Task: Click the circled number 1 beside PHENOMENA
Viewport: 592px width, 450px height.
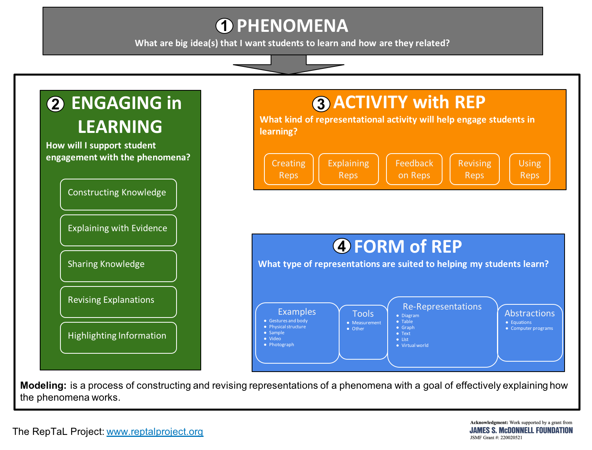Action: coord(224,26)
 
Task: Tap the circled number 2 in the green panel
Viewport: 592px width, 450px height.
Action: coord(55,104)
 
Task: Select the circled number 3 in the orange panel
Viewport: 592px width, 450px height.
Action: coord(321,104)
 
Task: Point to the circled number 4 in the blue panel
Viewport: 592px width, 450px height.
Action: coord(342,246)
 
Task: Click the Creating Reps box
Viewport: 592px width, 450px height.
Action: coord(289,169)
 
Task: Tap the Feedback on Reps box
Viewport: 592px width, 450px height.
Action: coord(414,169)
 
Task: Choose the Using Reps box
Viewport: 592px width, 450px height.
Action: coord(530,169)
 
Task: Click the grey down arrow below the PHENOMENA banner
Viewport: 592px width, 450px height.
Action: coord(289,65)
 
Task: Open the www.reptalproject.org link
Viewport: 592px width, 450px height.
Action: coord(155,432)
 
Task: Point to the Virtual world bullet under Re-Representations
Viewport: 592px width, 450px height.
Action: coord(415,345)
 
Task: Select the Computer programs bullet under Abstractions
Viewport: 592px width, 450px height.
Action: coord(532,328)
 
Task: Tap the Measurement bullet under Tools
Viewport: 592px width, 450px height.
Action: coord(366,323)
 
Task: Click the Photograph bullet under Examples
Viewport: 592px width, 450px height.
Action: coord(281,345)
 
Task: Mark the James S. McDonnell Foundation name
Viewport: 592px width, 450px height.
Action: coord(521,430)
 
